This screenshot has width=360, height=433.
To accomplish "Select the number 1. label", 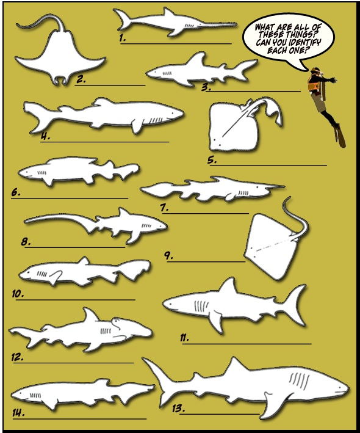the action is [x=123, y=38].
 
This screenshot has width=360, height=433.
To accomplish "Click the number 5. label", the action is [x=212, y=160].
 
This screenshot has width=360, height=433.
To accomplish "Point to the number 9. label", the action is [x=169, y=256].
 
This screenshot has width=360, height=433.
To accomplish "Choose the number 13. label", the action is [x=178, y=408].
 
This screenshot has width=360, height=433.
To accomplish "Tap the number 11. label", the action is [x=184, y=338].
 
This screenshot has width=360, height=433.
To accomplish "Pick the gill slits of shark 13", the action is [x=300, y=380].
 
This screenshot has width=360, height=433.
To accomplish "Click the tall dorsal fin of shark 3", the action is [x=199, y=59].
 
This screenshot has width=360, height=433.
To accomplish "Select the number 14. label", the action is [x=18, y=413].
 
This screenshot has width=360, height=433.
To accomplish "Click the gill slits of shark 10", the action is [x=42, y=274].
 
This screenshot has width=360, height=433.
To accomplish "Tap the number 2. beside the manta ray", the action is [x=81, y=79].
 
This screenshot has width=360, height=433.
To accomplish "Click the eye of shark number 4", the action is [x=173, y=114].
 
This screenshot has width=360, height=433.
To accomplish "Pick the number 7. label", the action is [x=165, y=207].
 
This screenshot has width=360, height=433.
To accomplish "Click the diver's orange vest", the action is [x=314, y=83].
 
